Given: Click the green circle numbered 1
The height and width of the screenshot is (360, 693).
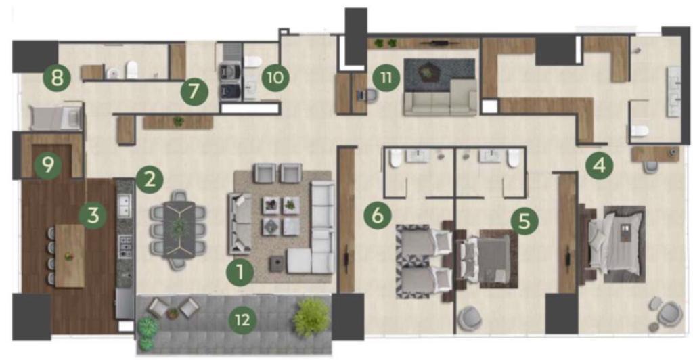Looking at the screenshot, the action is click(x=240, y=271).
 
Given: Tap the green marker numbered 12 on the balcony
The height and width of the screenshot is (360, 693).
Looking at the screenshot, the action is click(x=243, y=319).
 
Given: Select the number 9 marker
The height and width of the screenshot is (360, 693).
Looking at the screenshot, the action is click(x=48, y=164).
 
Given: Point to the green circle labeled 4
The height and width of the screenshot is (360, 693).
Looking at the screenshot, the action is click(x=600, y=165).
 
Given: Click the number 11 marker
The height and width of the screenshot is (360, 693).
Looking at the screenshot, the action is click(x=386, y=78).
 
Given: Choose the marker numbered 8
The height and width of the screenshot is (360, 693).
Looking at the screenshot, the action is click(x=57, y=78).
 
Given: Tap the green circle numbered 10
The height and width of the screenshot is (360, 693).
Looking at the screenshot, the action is click(x=275, y=77).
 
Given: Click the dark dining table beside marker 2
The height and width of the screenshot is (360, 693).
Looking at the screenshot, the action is click(x=179, y=229).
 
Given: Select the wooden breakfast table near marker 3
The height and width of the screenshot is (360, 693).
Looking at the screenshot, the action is click(x=70, y=256).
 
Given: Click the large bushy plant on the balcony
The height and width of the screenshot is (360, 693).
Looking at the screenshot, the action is click(x=311, y=317).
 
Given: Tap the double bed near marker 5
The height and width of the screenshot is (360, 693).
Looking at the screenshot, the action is click(x=486, y=258).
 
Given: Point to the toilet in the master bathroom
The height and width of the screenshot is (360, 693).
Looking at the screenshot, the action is click(x=640, y=131).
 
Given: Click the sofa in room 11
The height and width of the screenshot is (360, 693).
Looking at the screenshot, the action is click(x=440, y=99).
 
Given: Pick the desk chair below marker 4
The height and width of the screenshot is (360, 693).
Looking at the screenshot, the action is click(x=650, y=167).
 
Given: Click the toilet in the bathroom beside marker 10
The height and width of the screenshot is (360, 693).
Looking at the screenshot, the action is click(x=253, y=61).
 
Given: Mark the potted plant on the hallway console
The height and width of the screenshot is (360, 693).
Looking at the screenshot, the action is click(x=178, y=121).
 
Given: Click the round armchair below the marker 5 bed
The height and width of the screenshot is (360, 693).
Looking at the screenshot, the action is click(x=470, y=319).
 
